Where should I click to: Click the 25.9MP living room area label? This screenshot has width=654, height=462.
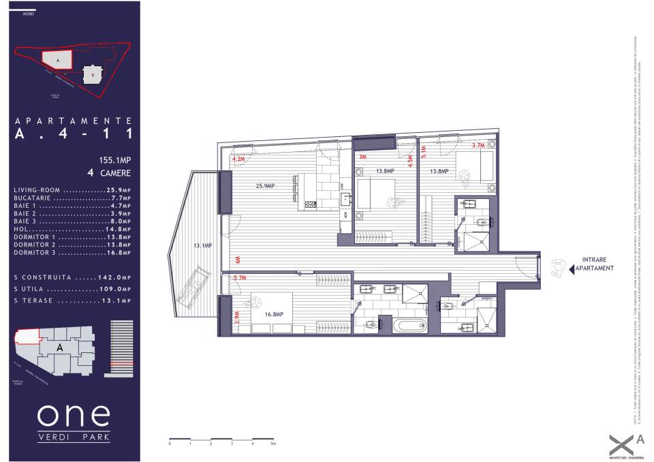265,186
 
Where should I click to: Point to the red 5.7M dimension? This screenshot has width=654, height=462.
239,278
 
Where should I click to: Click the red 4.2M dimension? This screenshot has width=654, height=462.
238,159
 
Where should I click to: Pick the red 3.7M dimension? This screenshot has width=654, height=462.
478,145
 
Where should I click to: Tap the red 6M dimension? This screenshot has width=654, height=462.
238,260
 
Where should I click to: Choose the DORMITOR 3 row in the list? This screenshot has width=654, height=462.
72,252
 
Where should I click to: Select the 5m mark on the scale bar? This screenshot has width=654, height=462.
272,443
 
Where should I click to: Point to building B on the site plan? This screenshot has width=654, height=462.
93,74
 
